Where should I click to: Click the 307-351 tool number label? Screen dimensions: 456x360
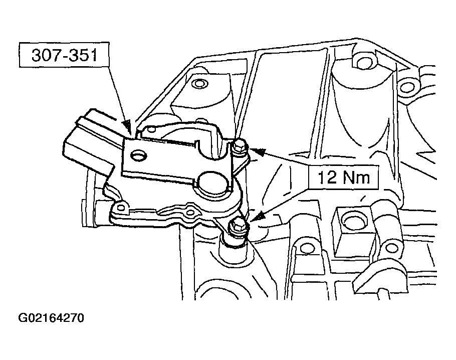(64, 55)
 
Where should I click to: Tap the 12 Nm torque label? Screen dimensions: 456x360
(343, 177)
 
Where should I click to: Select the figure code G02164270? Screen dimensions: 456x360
(51, 318)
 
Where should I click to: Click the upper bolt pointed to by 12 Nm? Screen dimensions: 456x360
(240, 146)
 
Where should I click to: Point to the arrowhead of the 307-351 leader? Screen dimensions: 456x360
(127, 125)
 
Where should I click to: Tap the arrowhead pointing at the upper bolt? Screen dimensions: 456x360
(257, 151)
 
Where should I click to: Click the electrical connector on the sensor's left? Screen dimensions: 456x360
(89, 142)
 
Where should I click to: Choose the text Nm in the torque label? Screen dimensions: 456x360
(356, 177)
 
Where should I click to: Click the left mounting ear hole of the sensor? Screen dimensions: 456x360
(121, 207)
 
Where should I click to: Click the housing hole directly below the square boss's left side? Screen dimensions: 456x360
(305, 248)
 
